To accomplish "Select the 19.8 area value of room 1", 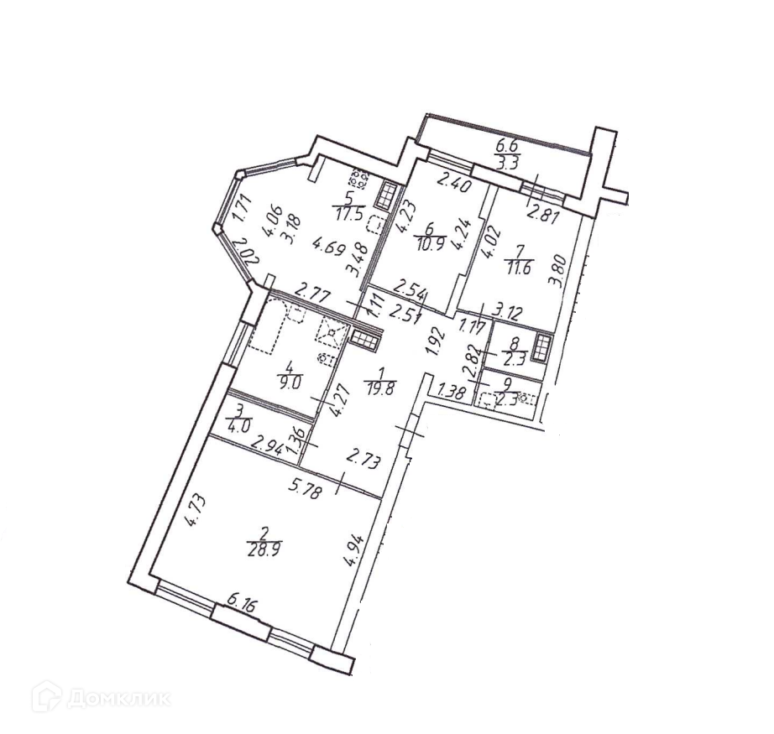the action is pyautogui.click(x=379, y=386).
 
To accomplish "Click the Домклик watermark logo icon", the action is pyautogui.click(x=44, y=696).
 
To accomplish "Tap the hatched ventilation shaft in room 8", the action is pyautogui.click(x=542, y=346).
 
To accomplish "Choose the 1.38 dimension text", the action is pyautogui.click(x=452, y=390).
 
